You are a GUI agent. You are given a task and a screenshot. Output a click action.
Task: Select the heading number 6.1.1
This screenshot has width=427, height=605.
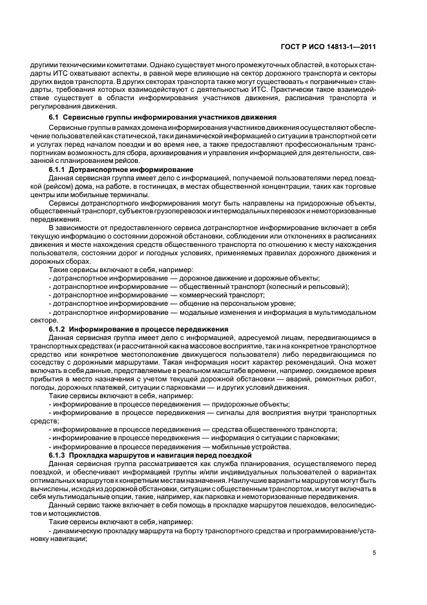59,169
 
